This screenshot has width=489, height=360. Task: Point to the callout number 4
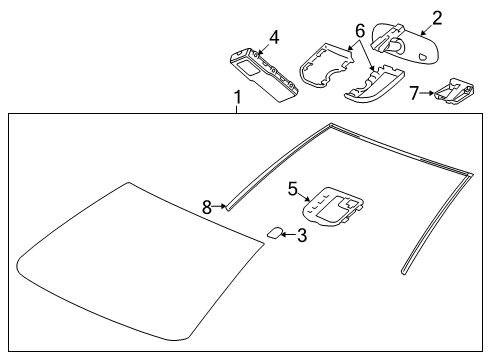pos(274,37)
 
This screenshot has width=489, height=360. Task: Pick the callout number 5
pos(292,186)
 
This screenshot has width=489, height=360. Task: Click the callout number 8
pos(207,207)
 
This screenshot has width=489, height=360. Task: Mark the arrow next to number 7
pos(430,93)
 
